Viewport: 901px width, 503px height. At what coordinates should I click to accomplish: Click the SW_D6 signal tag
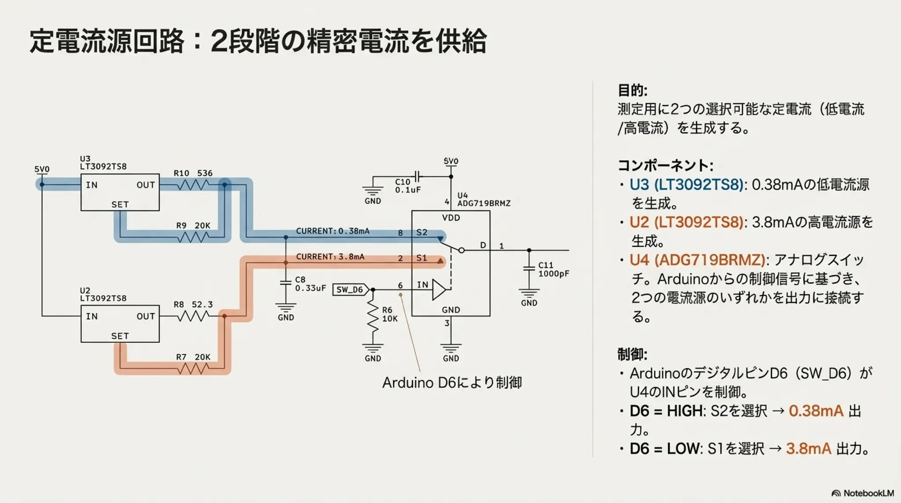350,290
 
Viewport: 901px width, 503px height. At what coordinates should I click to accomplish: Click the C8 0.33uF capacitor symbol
286,283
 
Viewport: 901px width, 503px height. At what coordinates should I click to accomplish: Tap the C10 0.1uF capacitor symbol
418,176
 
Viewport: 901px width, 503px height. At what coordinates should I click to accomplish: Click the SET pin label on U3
120,205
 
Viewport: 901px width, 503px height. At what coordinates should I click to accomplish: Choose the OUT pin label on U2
146,316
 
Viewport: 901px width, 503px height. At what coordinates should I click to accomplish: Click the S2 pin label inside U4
421,232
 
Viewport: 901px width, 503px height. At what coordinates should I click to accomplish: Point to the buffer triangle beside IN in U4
439,290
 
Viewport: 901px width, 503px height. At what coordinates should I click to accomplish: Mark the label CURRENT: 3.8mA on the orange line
330,257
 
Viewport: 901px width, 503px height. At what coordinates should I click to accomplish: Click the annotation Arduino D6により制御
452,382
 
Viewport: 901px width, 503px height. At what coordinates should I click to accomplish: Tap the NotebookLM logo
863,493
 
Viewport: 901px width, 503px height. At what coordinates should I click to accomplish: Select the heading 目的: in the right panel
632,91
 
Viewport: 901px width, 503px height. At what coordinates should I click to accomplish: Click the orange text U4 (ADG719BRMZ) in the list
697,260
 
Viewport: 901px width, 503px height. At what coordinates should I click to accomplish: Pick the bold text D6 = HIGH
666,411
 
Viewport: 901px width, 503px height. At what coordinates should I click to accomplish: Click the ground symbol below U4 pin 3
450,349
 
